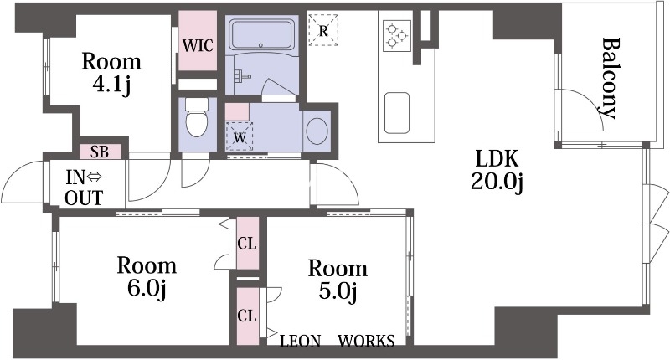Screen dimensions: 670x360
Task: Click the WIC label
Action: tap(198, 45)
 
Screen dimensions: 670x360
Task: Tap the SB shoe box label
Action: tap(100, 152)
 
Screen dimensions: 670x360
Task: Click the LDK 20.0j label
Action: tap(497, 170)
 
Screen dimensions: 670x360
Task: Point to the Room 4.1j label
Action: tap(111, 73)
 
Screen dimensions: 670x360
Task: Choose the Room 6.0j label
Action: tap(147, 277)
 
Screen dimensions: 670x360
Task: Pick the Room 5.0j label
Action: tap(338, 280)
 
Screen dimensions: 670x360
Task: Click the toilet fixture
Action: tap(197, 117)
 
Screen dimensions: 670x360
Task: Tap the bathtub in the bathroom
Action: tap(264, 33)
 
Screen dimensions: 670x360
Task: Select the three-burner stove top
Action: tap(397, 36)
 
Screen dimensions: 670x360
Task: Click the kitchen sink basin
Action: tap(397, 113)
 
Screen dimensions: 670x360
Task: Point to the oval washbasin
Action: tap(317, 131)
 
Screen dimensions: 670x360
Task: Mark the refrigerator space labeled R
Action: tap(323, 30)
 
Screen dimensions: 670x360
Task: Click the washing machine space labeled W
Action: tap(240, 136)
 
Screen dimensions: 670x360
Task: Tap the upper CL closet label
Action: tap(247, 244)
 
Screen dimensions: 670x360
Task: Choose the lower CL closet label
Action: tap(247, 316)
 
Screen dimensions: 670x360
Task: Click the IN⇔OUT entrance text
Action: tap(85, 188)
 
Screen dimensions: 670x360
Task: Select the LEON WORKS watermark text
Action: tap(338, 341)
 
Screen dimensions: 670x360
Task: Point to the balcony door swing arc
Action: tap(592, 101)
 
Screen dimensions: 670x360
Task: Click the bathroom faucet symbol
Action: tap(241, 76)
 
